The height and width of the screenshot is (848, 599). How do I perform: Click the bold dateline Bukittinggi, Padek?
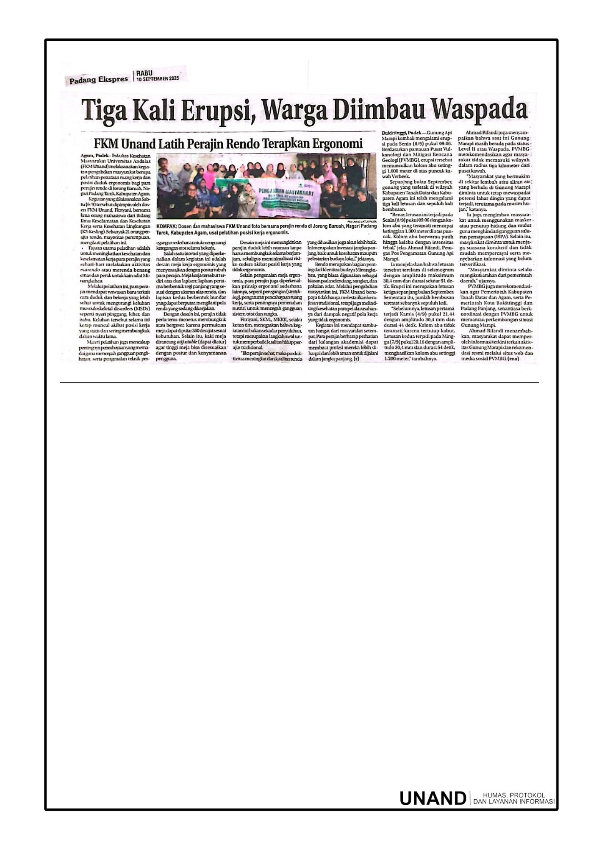(402, 133)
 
